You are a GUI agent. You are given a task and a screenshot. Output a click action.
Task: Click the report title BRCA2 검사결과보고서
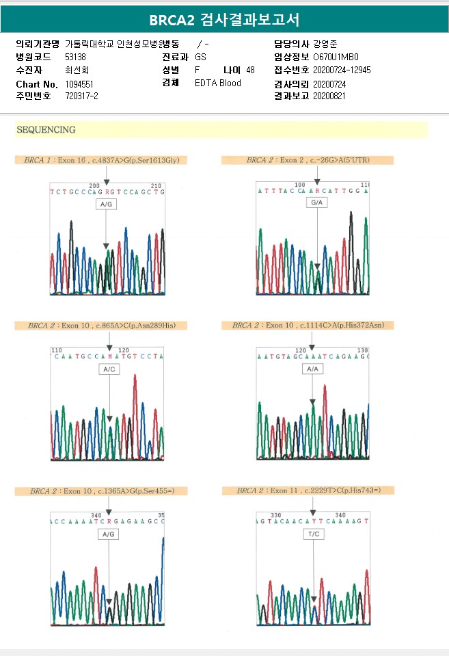pyautogui.click(x=224, y=18)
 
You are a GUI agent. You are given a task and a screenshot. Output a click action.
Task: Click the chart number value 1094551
pyautogui.click(x=79, y=83)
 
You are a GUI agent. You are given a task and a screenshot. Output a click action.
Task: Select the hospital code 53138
pyautogui.click(x=75, y=57)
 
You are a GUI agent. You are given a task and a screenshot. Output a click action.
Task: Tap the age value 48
pyautogui.click(x=250, y=70)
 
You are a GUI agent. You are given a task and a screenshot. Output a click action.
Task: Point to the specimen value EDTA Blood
pyautogui.click(x=218, y=83)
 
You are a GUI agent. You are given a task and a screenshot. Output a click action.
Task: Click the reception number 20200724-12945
pyautogui.click(x=342, y=70)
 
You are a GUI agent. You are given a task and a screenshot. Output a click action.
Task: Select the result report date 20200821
pyautogui.click(x=329, y=96)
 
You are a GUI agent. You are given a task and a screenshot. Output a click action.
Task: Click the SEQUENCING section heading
pyautogui.click(x=46, y=129)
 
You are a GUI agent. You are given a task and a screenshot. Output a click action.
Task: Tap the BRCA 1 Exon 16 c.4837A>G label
pyautogui.click(x=102, y=160)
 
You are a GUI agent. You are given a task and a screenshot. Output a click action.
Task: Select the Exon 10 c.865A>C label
pyautogui.click(x=101, y=325)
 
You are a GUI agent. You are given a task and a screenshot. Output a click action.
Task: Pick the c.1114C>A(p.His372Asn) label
pyautogui.click(x=308, y=325)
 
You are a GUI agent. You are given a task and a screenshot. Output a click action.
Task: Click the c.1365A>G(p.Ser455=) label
pyautogui.click(x=101, y=490)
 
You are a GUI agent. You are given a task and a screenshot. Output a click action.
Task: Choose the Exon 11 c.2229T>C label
pyautogui.click(x=308, y=490)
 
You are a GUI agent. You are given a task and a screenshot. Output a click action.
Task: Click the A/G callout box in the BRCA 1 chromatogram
pyautogui.click(x=106, y=205)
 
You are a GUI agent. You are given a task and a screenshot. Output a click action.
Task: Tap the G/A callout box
pyautogui.click(x=316, y=204)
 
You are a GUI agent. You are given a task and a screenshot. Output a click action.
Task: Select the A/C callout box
pyautogui.click(x=108, y=369)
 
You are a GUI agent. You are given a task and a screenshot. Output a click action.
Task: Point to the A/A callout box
pyautogui.click(x=313, y=369)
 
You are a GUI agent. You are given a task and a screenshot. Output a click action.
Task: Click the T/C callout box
pyautogui.click(x=313, y=534)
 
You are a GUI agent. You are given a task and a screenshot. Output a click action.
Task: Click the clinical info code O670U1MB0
pyautogui.click(x=336, y=57)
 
